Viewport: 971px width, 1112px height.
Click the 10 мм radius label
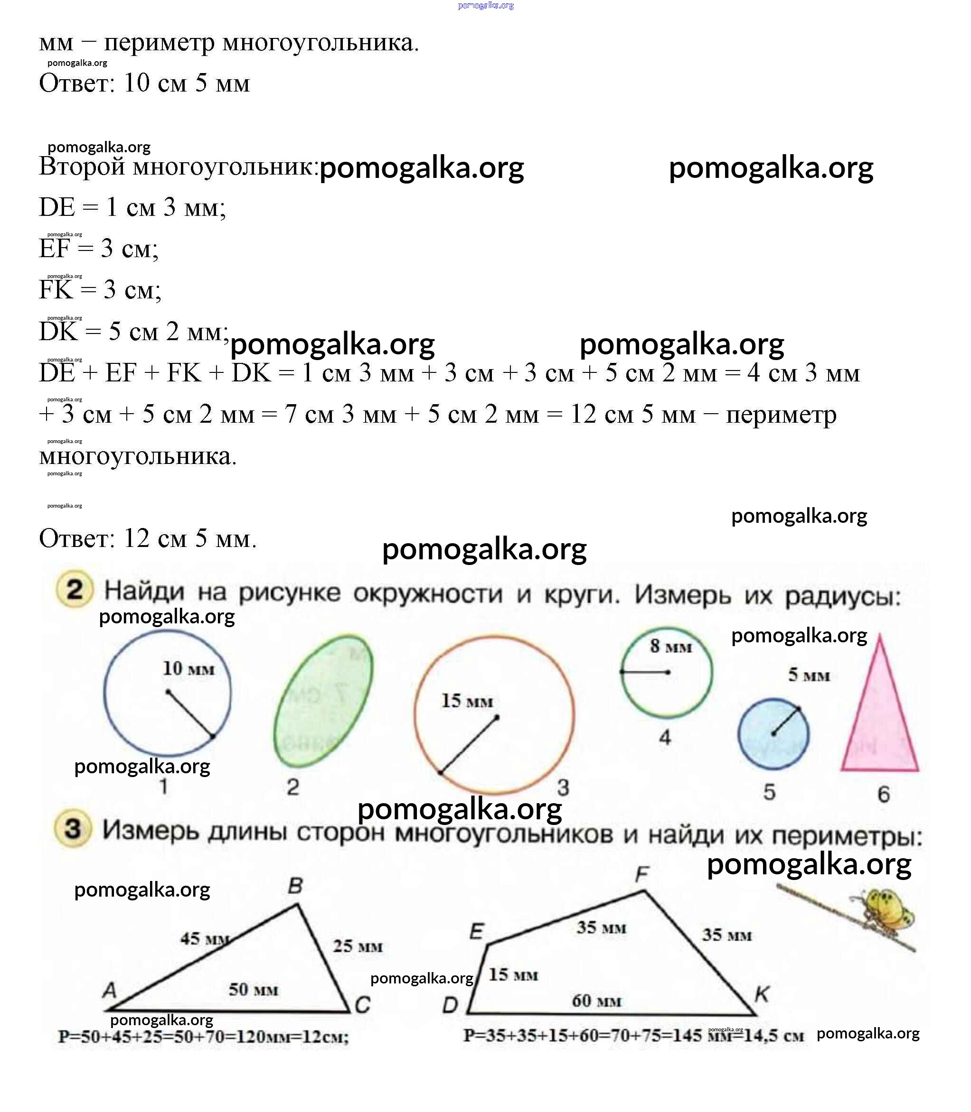189,669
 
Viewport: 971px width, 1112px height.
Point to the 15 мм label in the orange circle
467,702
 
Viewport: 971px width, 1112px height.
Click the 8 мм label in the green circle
671,647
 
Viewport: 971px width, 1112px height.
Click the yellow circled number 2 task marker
74,590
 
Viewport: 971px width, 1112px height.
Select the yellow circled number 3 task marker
73,829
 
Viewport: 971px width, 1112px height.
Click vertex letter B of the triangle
295,886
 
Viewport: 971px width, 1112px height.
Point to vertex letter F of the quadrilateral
642,874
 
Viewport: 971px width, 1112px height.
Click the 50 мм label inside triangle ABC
253,990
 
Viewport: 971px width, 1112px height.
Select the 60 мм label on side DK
596,1001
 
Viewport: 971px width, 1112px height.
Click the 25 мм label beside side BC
358,946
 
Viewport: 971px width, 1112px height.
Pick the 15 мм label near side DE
513,975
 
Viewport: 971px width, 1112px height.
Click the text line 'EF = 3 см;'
99,249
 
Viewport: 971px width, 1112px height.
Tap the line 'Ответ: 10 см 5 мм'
144,83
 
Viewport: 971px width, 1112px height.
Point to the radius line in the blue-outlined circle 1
190,714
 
